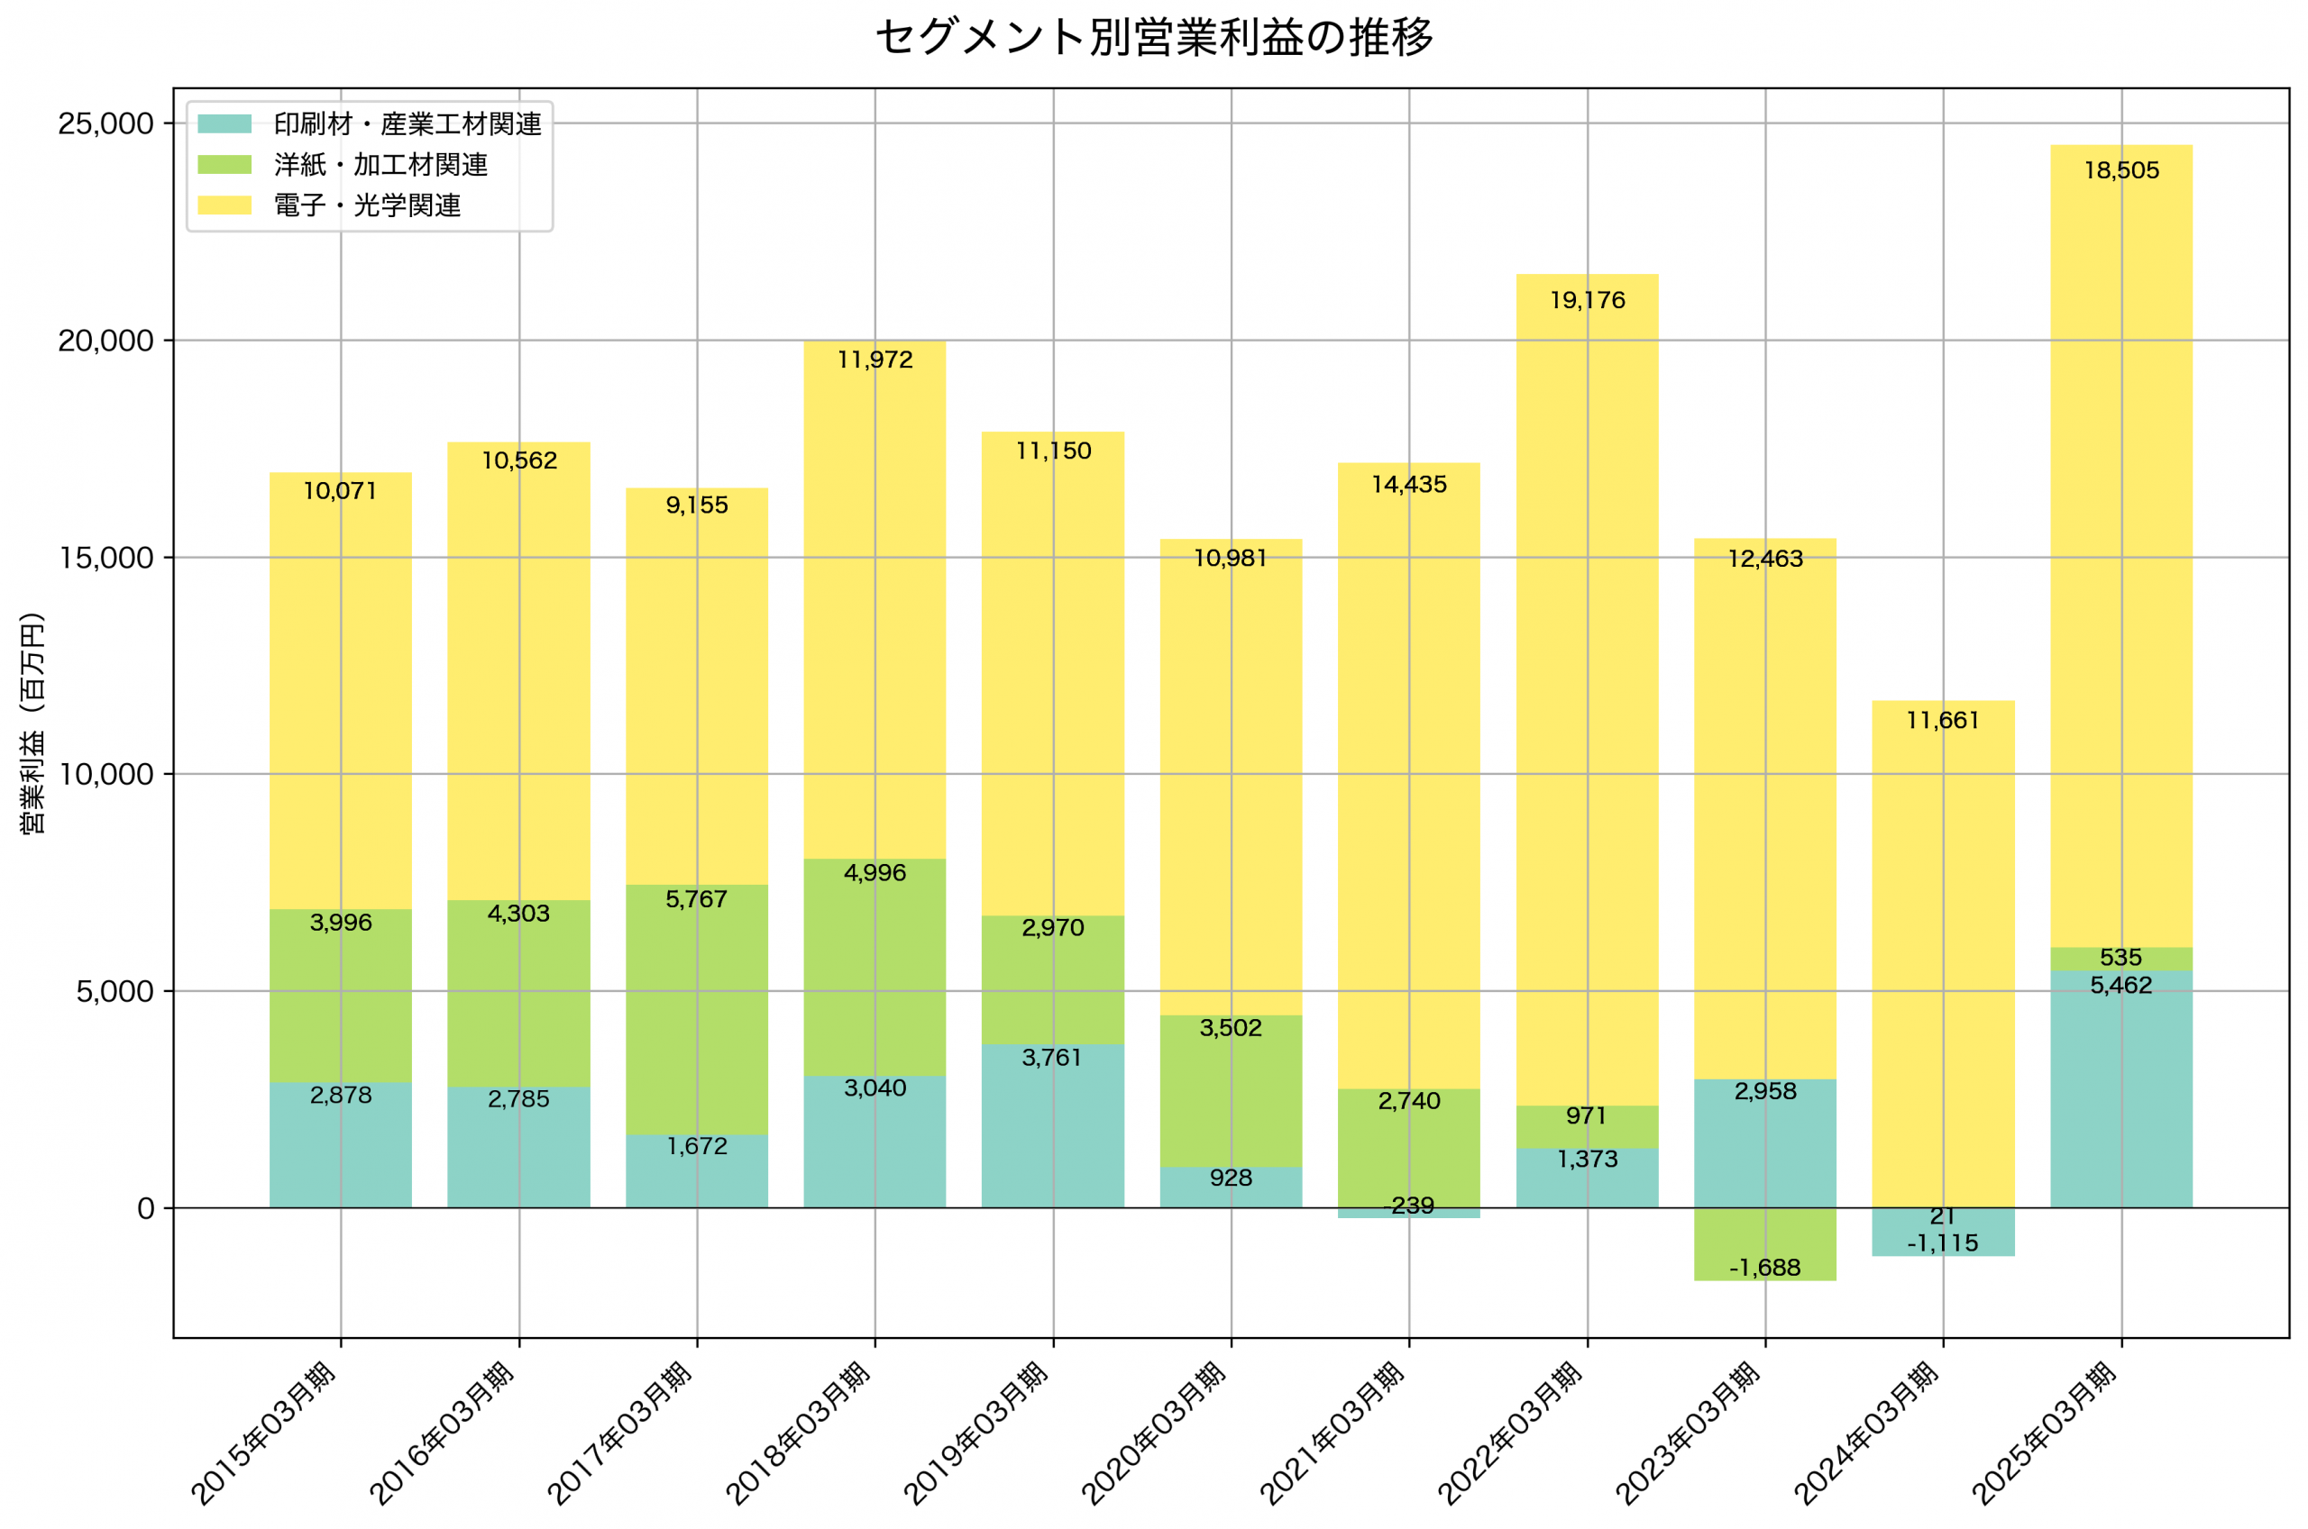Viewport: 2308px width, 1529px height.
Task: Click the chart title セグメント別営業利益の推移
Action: click(x=1154, y=38)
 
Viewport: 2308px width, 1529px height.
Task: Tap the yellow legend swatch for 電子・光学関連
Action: click(x=224, y=205)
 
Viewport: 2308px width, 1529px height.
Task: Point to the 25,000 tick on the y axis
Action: click(x=105, y=123)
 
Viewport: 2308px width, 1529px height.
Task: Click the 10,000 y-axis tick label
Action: click(x=105, y=775)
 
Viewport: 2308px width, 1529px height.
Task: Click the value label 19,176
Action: click(x=1587, y=300)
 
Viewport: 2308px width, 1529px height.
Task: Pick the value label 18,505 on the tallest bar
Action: click(x=2120, y=170)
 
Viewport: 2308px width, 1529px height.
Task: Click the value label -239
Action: click(x=1408, y=1206)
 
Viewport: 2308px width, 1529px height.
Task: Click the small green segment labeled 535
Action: click(x=2120, y=959)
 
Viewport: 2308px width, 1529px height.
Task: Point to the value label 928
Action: click(x=1230, y=1178)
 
